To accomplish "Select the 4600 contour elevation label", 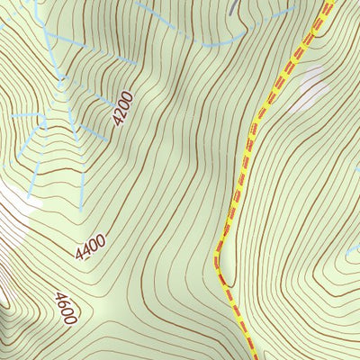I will pyautogui.click(x=66, y=308).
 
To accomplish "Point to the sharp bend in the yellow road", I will pyautogui.click(x=217, y=261).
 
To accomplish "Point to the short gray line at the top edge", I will pyautogui.click(x=233, y=5).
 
